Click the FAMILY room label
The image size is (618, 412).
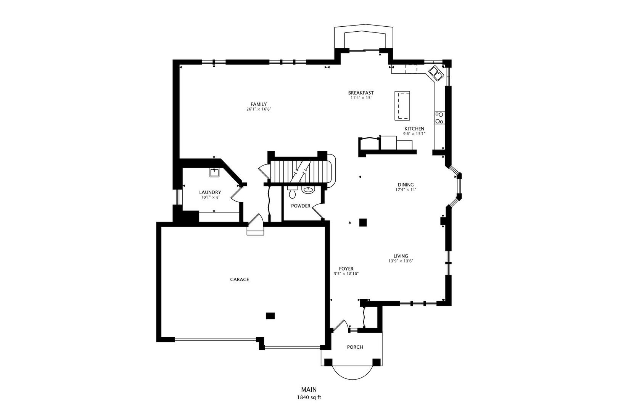(258, 104)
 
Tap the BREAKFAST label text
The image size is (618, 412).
(360, 93)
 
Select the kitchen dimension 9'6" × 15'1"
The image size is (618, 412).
(414, 134)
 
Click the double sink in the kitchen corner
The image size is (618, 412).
(435, 73)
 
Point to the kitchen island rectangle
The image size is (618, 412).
(402, 105)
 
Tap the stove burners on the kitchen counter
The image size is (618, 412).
(439, 118)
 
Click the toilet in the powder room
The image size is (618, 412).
(292, 193)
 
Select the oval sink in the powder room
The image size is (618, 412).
(307, 190)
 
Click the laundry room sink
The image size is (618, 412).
(214, 172)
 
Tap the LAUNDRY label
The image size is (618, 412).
(210, 192)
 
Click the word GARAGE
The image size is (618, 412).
(239, 279)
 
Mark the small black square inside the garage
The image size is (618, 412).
(270, 315)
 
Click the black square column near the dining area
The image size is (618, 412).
(363, 222)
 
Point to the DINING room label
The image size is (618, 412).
(406, 185)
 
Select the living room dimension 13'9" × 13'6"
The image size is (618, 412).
(401, 261)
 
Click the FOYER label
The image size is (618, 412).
(346, 269)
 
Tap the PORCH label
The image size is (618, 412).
(355, 347)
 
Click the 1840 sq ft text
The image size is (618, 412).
(309, 397)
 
